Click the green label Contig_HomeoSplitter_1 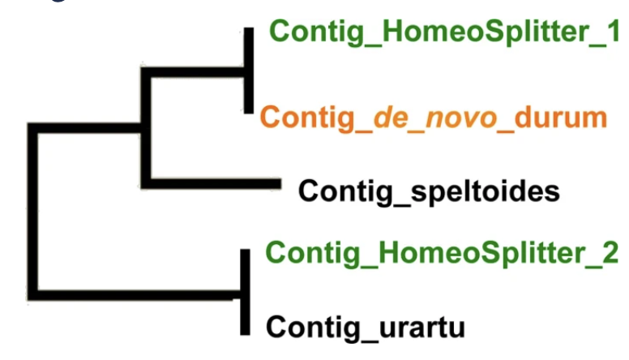point(444,32)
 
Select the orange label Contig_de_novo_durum point(434,118)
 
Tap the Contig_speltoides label point(429,191)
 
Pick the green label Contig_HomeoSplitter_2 point(442,254)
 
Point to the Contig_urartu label point(366,328)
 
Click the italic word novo point(461,118)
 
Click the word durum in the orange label point(561,118)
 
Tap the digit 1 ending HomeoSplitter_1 point(614,31)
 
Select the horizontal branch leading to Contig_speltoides point(211,183)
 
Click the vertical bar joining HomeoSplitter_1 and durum point(249,71)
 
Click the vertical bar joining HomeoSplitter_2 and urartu point(245,292)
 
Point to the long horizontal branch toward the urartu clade point(135,294)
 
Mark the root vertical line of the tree point(33,212)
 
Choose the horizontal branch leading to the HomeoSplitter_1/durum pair point(193,73)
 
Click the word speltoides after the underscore point(485,191)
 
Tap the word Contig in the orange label point(308,118)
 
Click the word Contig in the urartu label point(313,328)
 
